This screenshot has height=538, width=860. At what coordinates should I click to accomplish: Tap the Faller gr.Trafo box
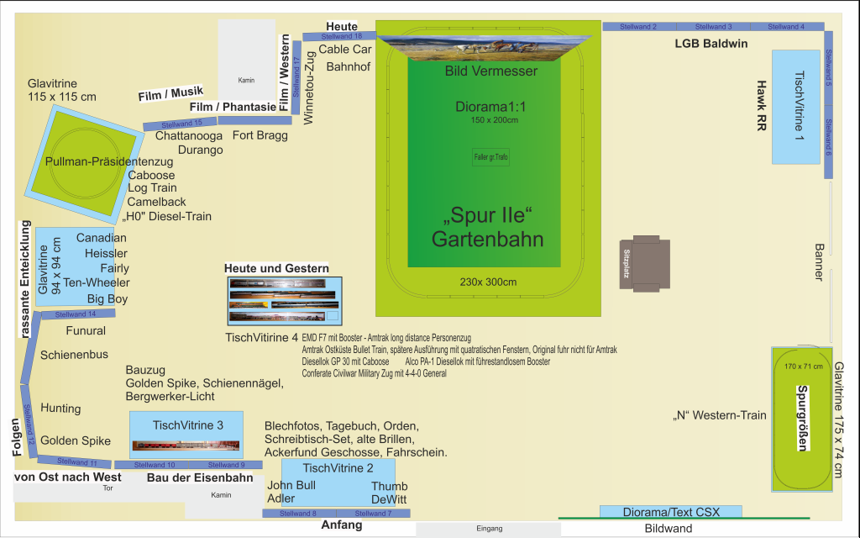pos(490,157)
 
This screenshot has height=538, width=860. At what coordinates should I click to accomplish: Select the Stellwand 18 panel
pos(341,36)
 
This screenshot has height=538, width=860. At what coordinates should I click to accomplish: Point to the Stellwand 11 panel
pos(76,462)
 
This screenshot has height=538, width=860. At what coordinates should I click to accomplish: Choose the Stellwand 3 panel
pos(713,27)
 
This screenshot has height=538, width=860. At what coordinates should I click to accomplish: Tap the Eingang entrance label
pos(488,529)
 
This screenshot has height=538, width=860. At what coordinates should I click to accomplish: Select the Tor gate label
pos(107,488)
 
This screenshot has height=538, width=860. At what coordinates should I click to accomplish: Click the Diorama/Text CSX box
pos(670,511)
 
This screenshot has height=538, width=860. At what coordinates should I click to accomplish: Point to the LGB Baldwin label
pos(711,44)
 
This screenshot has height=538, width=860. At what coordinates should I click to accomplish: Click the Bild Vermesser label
pos(490,71)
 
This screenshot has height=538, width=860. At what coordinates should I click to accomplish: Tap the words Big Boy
pos(107,298)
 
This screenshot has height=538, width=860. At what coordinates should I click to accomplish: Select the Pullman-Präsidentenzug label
pos(109,161)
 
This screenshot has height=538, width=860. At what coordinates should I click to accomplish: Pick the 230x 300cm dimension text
pos(488,282)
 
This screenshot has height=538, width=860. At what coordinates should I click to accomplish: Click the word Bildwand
pos(669,529)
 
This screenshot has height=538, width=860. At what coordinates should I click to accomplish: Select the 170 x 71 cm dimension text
pos(802,367)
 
